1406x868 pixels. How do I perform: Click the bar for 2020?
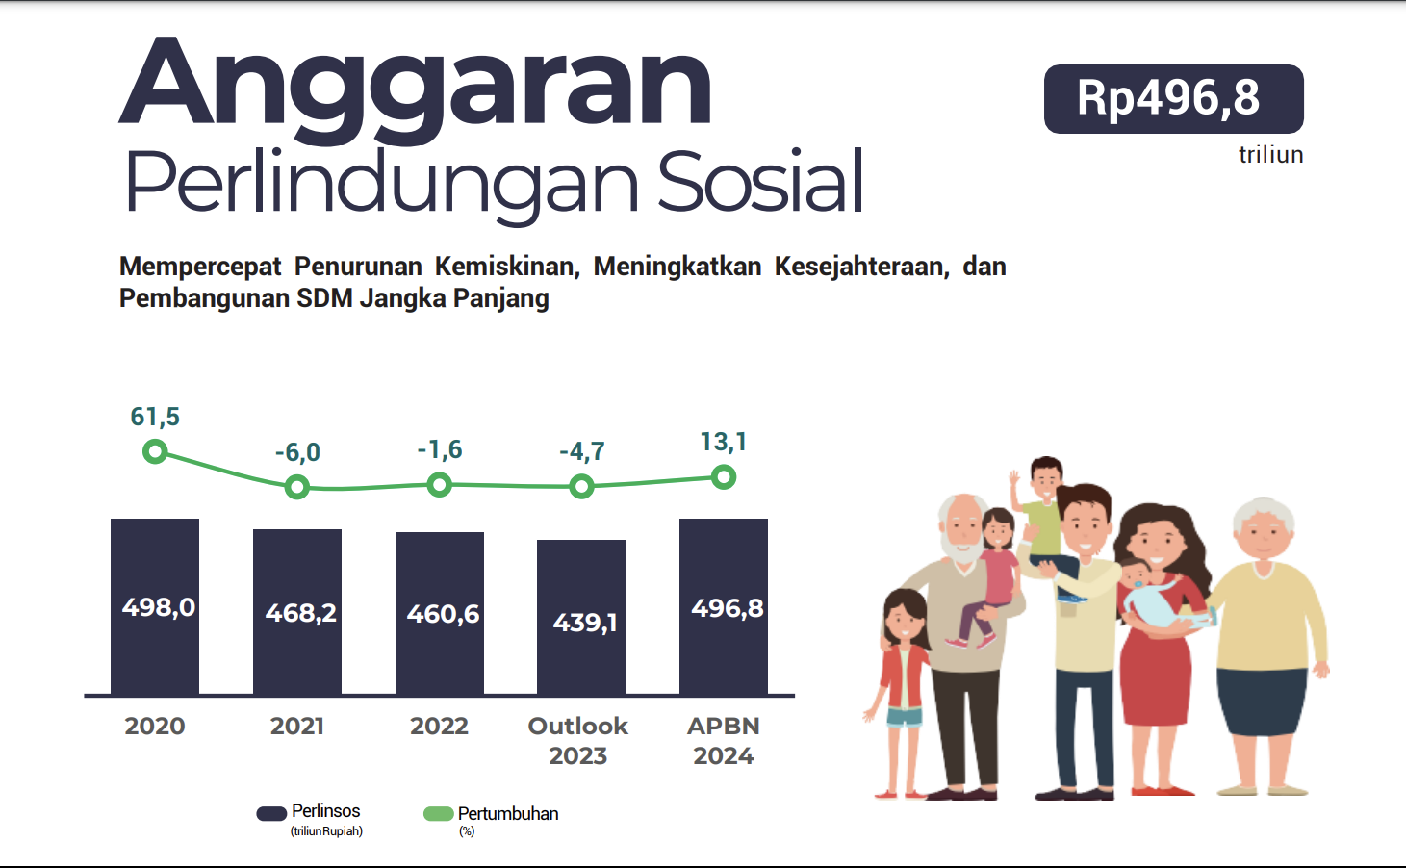(x=155, y=606)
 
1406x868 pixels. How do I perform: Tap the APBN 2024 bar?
(x=724, y=606)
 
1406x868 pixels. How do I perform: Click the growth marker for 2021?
(x=297, y=488)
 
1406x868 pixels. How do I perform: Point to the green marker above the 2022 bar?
(x=440, y=485)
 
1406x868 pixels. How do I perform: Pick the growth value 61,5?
(x=155, y=417)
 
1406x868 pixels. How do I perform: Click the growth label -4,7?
(x=582, y=451)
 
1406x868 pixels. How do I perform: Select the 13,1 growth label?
(x=724, y=442)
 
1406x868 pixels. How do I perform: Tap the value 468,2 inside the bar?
(x=300, y=613)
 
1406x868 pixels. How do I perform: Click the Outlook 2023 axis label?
(x=578, y=740)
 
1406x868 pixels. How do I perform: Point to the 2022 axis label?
(x=439, y=727)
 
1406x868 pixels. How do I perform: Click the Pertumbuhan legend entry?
(x=492, y=814)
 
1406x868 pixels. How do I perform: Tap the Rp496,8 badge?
(x=1173, y=99)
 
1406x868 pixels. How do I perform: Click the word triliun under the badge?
(x=1270, y=155)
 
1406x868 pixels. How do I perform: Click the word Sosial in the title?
(x=760, y=183)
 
